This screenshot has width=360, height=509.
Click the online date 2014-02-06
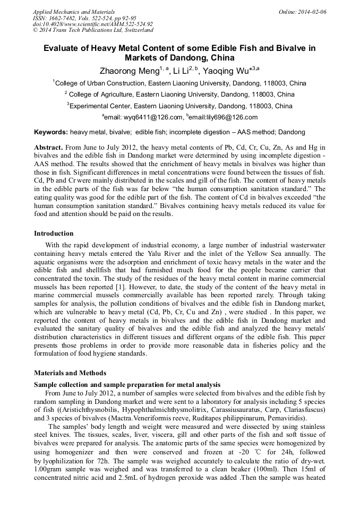[x=311, y=12]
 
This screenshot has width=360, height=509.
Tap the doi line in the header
[x=92, y=24]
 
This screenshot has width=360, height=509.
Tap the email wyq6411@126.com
[x=143, y=117]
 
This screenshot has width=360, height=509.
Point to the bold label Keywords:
[x=51, y=132]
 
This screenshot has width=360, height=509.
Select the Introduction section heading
[x=54, y=233]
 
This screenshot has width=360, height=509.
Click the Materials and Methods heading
[x=70, y=373]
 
